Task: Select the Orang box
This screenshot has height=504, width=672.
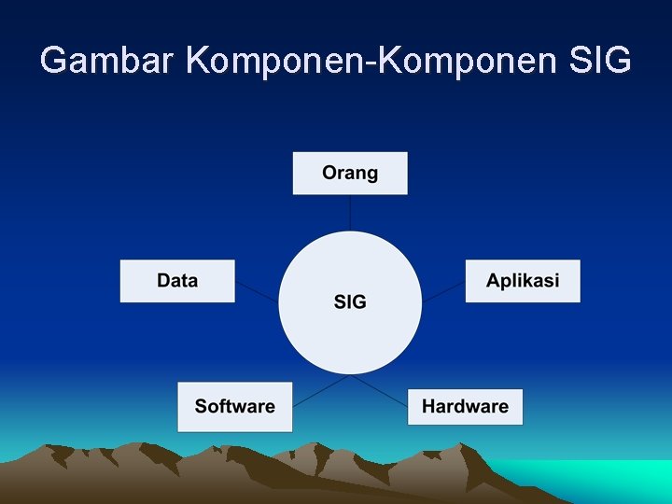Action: pyautogui.click(x=350, y=173)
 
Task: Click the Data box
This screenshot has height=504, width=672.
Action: pyautogui.click(x=177, y=281)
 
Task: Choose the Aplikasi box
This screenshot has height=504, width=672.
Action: pyautogui.click(x=523, y=281)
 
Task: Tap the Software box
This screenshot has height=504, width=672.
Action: pyautogui.click(x=235, y=407)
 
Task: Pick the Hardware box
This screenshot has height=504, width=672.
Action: pyautogui.click(x=465, y=407)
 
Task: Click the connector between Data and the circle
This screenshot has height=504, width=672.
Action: pyautogui.click(x=258, y=290)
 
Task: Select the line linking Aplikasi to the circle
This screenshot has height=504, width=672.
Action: pyautogui.click(x=444, y=290)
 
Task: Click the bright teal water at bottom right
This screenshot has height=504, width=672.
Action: pyautogui.click(x=616, y=481)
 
